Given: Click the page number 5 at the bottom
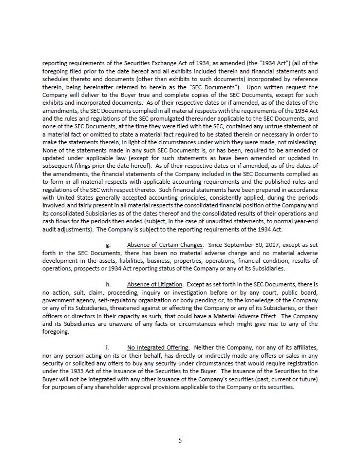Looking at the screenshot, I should pyautogui.click(x=180, y=440).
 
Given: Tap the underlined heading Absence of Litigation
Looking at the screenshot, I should pyautogui.click(x=155, y=284).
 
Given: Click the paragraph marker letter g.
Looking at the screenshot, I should pyautogui.click(x=108, y=245).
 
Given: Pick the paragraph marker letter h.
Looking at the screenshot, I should pyautogui.click(x=108, y=284).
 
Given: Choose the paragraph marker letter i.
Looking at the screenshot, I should pyautogui.click(x=107, y=347).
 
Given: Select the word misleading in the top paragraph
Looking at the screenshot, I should pyautogui.click(x=301, y=142).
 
